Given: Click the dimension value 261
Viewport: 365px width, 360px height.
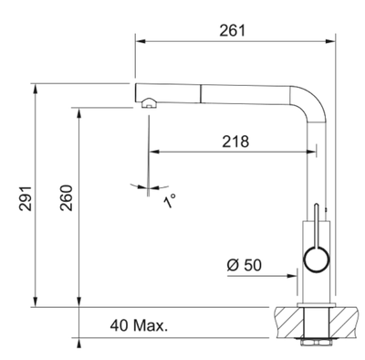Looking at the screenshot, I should pos(234,30).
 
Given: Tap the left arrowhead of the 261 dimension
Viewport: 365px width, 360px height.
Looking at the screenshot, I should pos(140,40).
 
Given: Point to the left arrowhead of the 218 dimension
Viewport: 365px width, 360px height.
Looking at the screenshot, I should pos(153,152).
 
